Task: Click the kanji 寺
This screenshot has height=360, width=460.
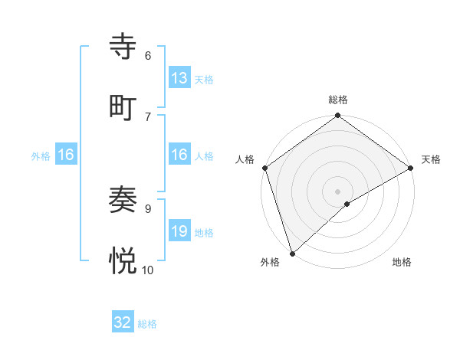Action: [x=123, y=47]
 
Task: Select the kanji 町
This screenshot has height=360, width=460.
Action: [x=123, y=106]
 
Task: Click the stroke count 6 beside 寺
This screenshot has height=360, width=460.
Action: [x=148, y=56]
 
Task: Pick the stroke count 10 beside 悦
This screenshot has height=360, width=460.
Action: [x=148, y=270]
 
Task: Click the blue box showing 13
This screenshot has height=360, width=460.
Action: [x=179, y=78]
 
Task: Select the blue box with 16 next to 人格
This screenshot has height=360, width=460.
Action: [x=179, y=155]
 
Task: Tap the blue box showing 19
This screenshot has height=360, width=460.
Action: [x=179, y=231]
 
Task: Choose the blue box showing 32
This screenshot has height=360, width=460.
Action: [x=123, y=322]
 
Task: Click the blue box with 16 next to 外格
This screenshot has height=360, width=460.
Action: [x=66, y=155]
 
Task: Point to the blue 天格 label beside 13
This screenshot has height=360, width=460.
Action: [x=203, y=80]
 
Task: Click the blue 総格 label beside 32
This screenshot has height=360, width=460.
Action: [x=147, y=324]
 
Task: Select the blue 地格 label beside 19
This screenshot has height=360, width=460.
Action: [x=203, y=233]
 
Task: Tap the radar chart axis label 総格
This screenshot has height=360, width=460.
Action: [x=337, y=100]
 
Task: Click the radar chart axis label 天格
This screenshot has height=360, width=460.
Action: [x=431, y=159]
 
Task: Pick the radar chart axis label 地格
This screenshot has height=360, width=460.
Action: [x=402, y=262]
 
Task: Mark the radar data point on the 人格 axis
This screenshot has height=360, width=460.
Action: [x=264, y=168]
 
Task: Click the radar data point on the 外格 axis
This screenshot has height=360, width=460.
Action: [x=292, y=253]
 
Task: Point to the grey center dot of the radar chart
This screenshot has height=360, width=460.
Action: [x=337, y=191]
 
